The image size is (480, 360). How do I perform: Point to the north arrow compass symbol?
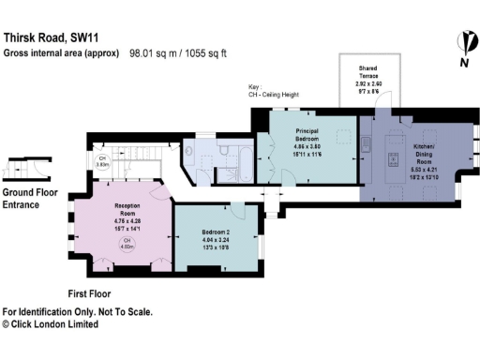(462, 47)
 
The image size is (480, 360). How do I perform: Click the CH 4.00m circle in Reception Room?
(126, 245)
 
